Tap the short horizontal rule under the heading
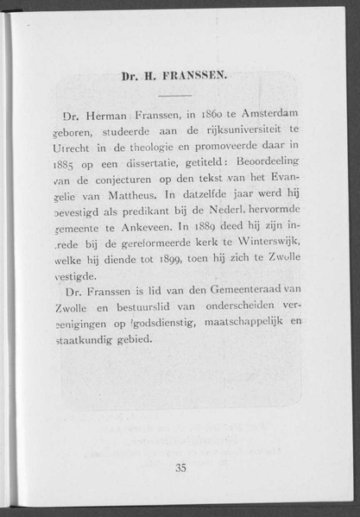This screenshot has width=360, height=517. tap(175, 93)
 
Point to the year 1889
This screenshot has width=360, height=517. tap(215, 227)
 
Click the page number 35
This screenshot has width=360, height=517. tap(180, 467)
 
